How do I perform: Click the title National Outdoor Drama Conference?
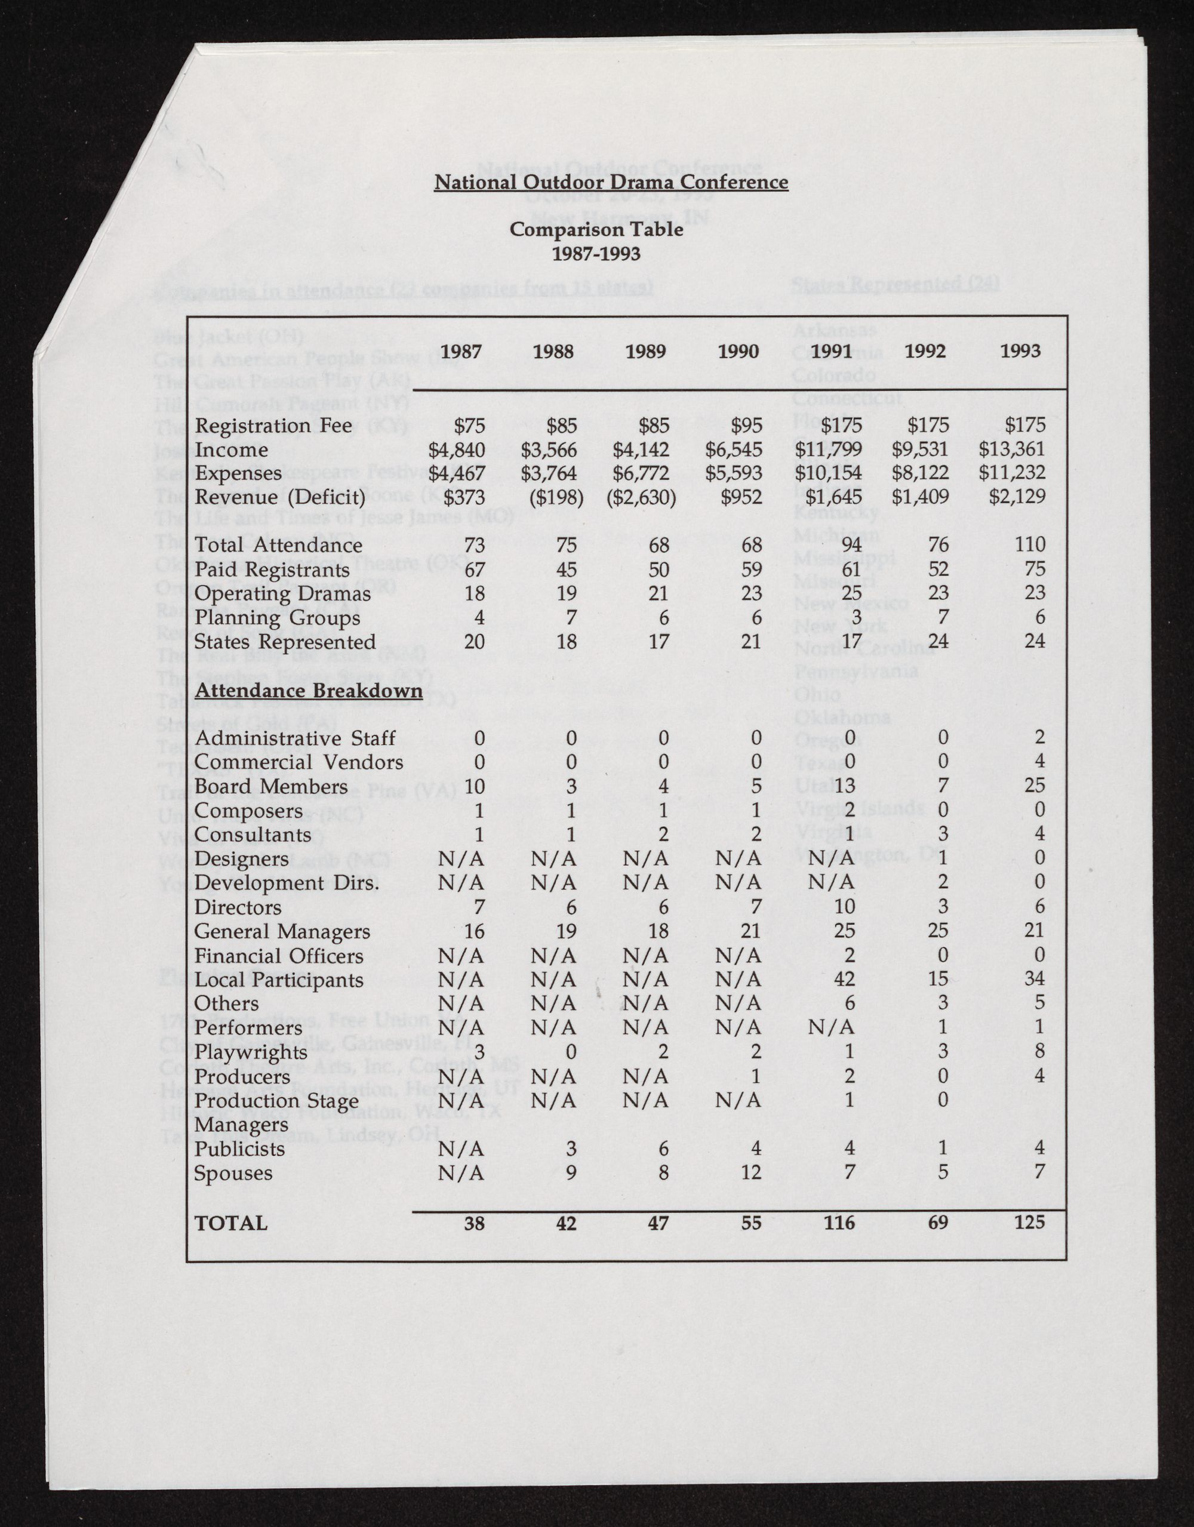pos(610,183)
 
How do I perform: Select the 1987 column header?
pos(461,351)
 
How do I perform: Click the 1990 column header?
pos(738,351)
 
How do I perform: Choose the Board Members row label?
pos(270,787)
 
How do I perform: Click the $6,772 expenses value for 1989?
pos(641,473)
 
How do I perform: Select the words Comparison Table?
pos(596,229)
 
